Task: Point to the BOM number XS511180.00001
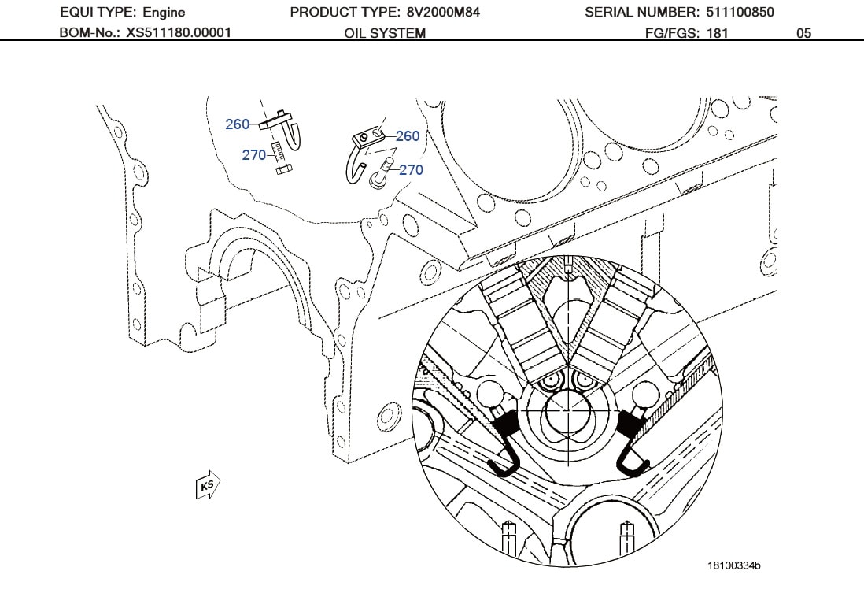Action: click(x=179, y=33)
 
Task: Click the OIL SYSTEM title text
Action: click(x=385, y=33)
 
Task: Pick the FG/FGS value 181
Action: click(x=718, y=33)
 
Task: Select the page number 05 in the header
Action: click(x=803, y=33)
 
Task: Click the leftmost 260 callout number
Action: click(x=237, y=124)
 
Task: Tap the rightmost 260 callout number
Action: click(x=408, y=136)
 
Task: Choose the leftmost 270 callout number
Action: click(x=253, y=155)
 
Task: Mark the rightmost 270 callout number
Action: click(x=411, y=169)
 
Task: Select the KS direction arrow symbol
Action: click(x=208, y=485)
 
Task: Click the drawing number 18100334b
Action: click(x=733, y=565)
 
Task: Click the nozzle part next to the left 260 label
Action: click(x=285, y=130)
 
